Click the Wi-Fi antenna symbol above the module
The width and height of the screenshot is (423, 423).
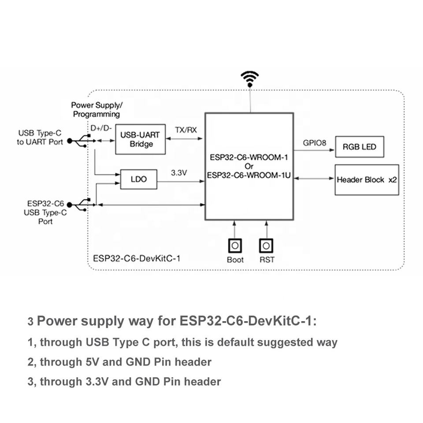click(x=249, y=79)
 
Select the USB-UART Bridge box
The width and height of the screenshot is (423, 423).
click(x=140, y=139)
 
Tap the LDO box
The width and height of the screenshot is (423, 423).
click(x=138, y=179)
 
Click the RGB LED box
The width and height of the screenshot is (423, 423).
click(x=360, y=147)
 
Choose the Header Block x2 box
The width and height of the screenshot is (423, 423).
click(x=367, y=180)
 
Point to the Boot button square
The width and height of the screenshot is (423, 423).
click(x=235, y=245)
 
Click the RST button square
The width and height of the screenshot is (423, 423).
click(x=266, y=245)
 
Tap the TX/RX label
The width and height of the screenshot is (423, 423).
click(x=186, y=130)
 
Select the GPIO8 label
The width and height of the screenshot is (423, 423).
click(x=315, y=143)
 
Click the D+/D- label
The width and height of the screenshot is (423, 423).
click(x=101, y=128)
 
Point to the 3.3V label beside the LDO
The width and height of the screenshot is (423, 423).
click(x=179, y=173)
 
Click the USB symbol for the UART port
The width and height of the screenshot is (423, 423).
click(x=80, y=141)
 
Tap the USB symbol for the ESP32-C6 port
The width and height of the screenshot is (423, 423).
click(x=80, y=204)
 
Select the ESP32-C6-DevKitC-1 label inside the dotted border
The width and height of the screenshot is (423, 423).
click(x=137, y=258)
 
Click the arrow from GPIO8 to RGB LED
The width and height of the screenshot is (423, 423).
click(x=314, y=150)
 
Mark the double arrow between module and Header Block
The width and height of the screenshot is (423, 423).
click(x=314, y=178)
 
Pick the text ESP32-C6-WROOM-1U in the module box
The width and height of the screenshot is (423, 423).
click(x=249, y=174)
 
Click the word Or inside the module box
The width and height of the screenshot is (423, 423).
click(x=249, y=166)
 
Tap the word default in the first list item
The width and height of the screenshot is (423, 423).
click(x=236, y=342)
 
